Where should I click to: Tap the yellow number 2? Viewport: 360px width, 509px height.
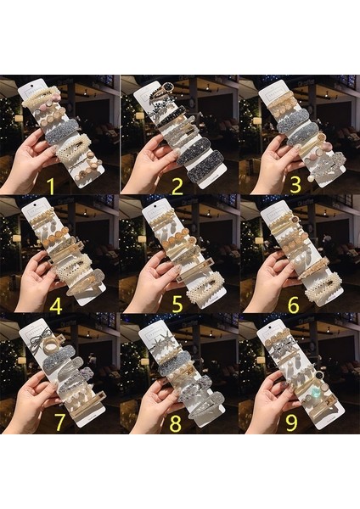point(177,185)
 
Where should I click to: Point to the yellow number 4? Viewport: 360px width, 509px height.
point(56,305)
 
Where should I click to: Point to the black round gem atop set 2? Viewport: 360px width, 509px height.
point(167,87)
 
